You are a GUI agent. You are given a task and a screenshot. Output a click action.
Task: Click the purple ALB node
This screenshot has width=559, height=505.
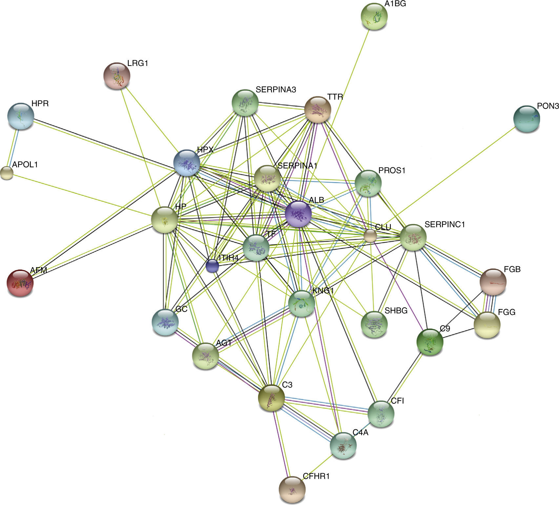tap(298, 214)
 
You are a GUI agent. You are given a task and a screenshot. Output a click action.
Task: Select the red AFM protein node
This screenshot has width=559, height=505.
tap(20, 283)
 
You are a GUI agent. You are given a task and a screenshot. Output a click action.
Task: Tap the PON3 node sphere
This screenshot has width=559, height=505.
tap(526, 119)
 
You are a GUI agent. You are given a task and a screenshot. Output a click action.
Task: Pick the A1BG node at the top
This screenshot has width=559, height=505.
tap(374, 16)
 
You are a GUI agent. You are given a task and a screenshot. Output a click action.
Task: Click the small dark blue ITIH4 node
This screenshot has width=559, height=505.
tap(212, 266)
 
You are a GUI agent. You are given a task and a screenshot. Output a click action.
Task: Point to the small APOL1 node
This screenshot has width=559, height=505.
tap(7, 173)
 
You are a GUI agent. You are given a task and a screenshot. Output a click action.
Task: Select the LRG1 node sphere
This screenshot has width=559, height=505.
tap(117, 76)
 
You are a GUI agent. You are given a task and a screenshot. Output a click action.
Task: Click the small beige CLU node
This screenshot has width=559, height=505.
tap(370, 236)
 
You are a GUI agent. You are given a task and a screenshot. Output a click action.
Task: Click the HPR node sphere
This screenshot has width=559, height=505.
tap(21, 116)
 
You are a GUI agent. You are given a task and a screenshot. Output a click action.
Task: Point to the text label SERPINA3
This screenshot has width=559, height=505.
tap(276, 89)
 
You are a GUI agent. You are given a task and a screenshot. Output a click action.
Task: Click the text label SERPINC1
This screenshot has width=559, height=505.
tap(445, 224)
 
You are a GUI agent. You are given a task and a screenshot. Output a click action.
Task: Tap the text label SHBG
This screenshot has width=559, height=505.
tap(396, 310)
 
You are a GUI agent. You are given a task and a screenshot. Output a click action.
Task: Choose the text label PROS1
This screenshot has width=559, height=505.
tap(392, 171)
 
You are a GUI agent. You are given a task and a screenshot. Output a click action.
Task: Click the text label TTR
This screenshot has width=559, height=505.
tap(335, 97)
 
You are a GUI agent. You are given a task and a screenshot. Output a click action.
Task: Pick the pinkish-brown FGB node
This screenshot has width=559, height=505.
tap(493, 282)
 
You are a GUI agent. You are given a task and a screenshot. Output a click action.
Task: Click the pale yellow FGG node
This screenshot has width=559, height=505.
tap(487, 325)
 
